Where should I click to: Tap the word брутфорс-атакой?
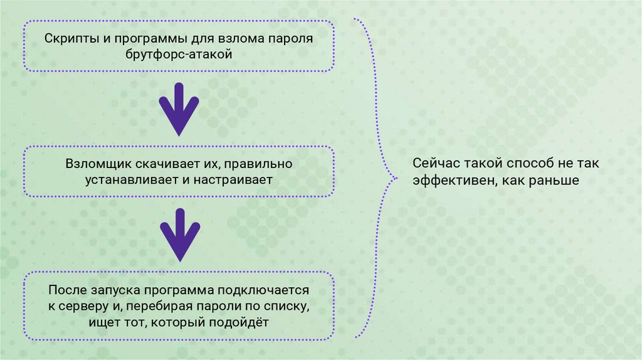click(179, 55)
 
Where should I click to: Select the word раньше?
click(553, 180)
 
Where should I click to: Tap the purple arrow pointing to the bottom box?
click(179, 235)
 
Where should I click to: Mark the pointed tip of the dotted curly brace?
click(394, 178)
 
